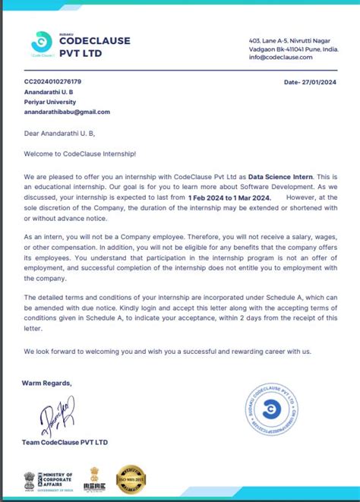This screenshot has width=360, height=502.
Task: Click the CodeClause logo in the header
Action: pyautogui.click(x=43, y=43)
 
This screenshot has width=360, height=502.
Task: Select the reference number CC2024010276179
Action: pyautogui.click(x=53, y=81)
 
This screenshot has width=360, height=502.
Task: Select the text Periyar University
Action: pyautogui.click(x=49, y=101)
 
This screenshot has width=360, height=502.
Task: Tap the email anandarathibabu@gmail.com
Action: pyautogui.click(x=67, y=112)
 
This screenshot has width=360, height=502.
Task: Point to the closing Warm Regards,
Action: pyautogui.click(x=47, y=383)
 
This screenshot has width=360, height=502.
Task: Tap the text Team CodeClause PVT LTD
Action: pyautogui.click(x=65, y=442)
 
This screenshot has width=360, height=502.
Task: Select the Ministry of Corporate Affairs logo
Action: pyautogui.click(x=49, y=480)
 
